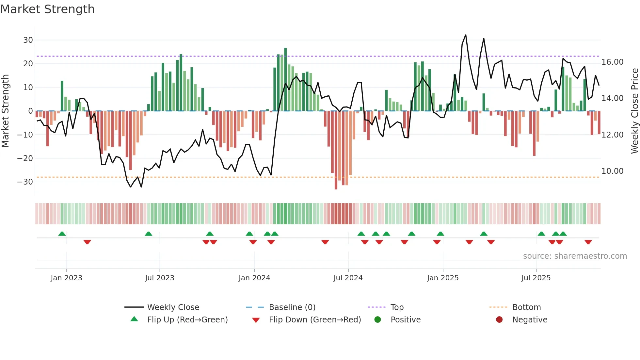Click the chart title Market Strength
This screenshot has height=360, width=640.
(x=48, y=9)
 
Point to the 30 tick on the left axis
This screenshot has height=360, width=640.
(x=28, y=40)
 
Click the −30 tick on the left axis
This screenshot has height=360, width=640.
(x=25, y=182)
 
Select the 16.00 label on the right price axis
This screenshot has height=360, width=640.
(x=612, y=62)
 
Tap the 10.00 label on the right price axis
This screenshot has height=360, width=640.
(x=612, y=171)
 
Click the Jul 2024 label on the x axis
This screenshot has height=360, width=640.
(x=348, y=278)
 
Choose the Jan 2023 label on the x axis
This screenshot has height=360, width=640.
(x=66, y=278)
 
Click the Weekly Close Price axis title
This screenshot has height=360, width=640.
(x=634, y=111)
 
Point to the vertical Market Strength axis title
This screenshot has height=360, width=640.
(x=5, y=111)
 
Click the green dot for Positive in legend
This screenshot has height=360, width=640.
(x=377, y=320)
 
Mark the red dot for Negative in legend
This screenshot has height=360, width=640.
(x=499, y=320)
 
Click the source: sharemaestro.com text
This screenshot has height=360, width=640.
(x=575, y=256)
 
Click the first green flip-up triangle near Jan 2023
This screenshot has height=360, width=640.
(x=62, y=234)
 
